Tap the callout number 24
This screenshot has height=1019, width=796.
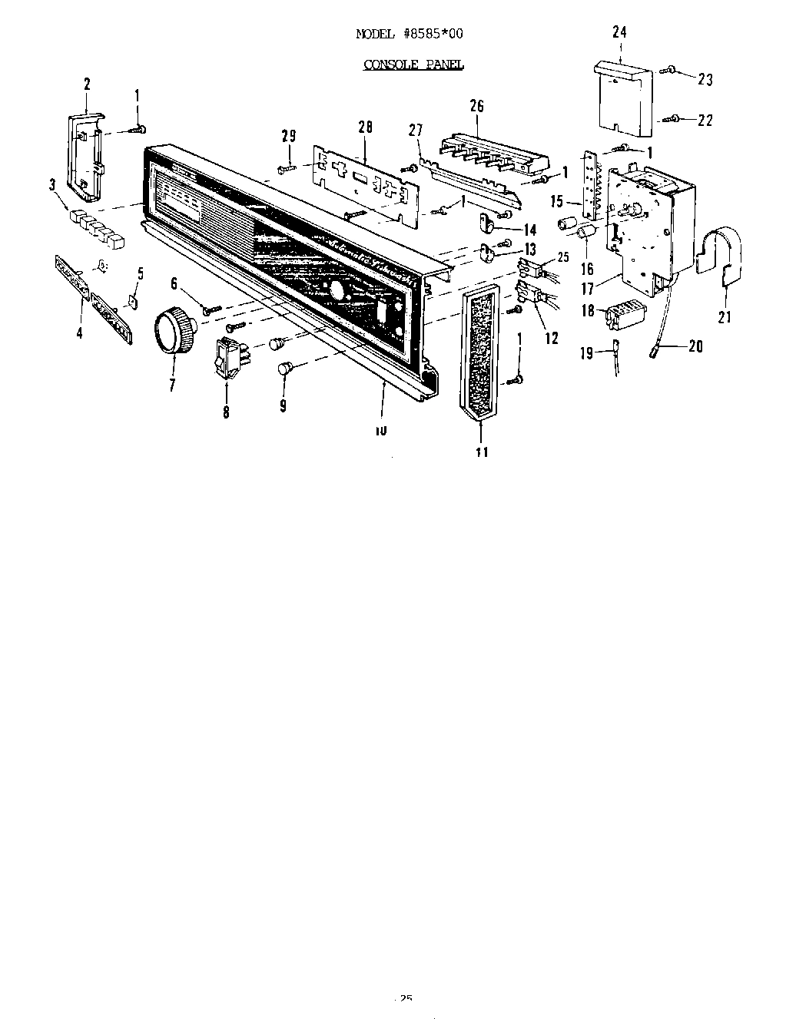coord(620,32)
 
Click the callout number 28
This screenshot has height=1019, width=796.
coord(364,127)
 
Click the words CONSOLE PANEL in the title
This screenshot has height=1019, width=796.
coord(413,65)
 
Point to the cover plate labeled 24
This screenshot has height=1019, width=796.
coord(624,96)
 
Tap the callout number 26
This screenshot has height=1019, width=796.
coord(477,106)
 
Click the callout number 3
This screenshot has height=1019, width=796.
coord(53,184)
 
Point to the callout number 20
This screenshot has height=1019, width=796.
coord(695,346)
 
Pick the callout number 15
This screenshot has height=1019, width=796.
coord(557,203)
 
